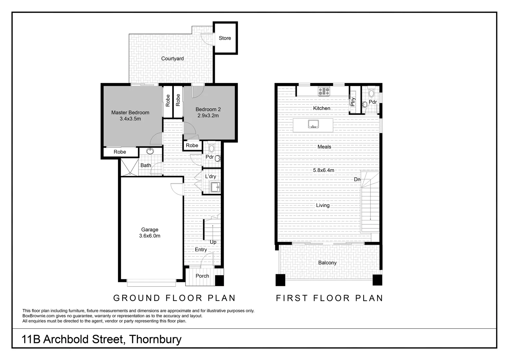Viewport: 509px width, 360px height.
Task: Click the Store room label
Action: coord(225,38)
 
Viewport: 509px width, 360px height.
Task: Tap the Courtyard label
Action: coord(172,59)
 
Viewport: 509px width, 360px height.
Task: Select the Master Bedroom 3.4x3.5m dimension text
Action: coord(130,119)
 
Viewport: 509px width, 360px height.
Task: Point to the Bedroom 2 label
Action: coord(208,109)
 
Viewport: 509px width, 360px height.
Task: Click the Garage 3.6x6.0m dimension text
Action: coord(150,236)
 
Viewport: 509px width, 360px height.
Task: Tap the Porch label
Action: coord(202,276)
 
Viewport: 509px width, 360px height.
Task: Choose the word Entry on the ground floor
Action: coord(201,250)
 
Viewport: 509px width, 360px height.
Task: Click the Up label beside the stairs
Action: coord(213,242)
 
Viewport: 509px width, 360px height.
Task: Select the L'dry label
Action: coord(210,176)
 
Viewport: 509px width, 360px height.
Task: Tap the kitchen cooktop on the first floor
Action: coord(324,91)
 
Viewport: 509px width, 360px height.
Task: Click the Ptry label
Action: coord(353,102)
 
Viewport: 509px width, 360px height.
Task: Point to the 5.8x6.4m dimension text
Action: coord(323,170)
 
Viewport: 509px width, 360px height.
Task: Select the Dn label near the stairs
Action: coord(357,180)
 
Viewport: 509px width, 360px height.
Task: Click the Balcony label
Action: coord(327,263)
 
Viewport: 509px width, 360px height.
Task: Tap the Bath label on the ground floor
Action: coord(146,165)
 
